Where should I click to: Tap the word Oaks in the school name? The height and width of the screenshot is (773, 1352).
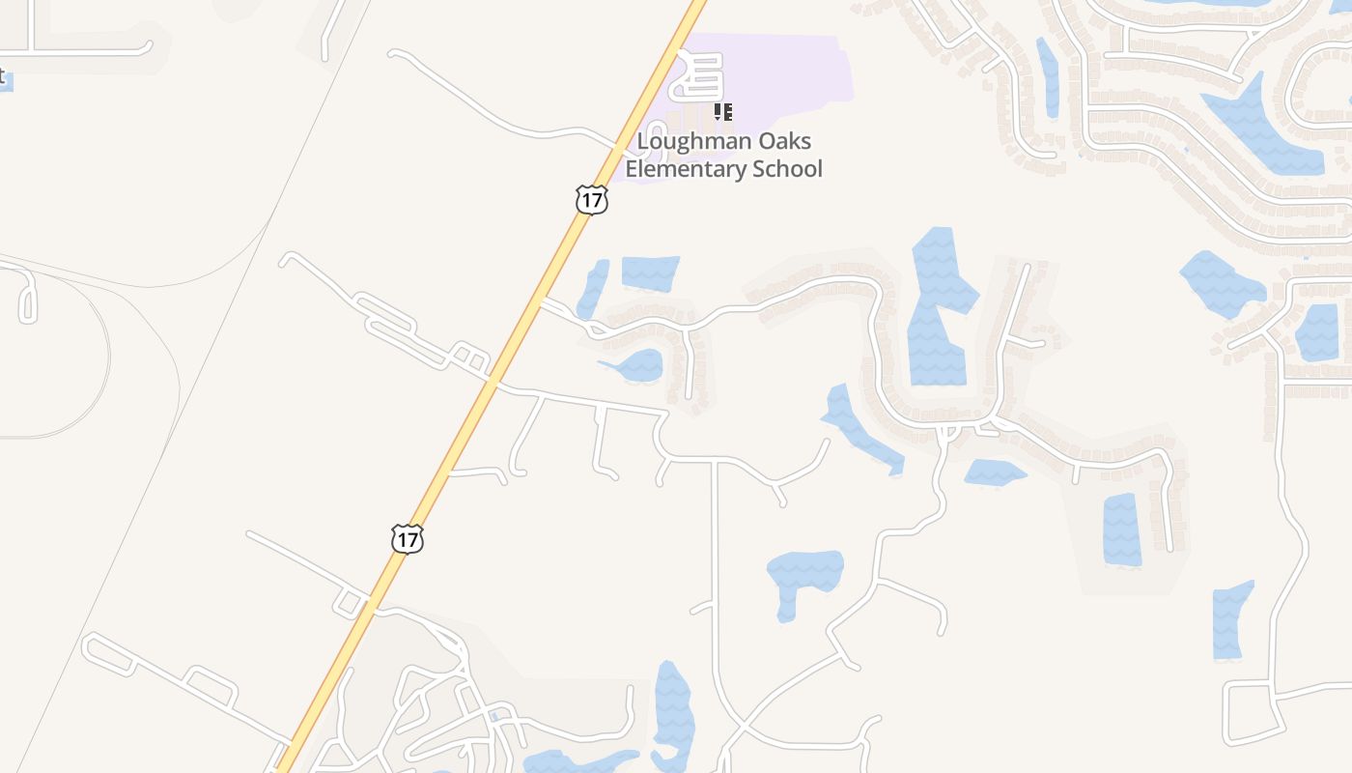coord(778,142)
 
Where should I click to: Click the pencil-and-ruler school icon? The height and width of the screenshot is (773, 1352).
coord(722,113)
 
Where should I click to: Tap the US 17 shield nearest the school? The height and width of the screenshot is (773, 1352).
coord(591,200)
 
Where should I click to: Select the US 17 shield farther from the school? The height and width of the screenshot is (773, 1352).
coord(408,538)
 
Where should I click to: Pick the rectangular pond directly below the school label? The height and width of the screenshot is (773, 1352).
coord(651,272)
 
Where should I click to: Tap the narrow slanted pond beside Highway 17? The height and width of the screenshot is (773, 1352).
coord(593,288)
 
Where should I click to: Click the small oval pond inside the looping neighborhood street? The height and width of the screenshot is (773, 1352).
coord(636,366)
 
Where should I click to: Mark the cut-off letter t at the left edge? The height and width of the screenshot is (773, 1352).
coord(3,75)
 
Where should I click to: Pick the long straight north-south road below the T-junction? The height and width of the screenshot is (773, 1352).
coord(716,580)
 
